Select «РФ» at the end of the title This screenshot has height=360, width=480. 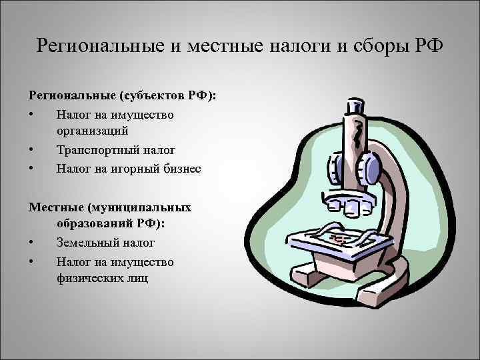pos(427,47)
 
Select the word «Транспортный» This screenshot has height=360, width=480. pos(96,151)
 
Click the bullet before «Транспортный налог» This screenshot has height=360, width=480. pos(32,151)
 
